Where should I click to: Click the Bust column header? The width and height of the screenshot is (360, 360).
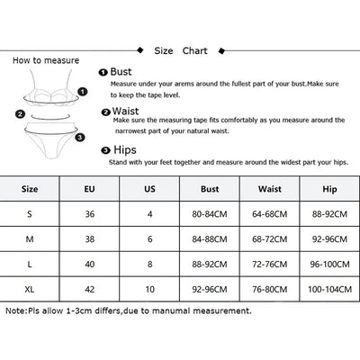click(210, 189)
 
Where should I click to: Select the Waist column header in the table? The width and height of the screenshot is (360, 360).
click(270, 189)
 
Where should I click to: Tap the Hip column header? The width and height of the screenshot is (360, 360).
click(329, 189)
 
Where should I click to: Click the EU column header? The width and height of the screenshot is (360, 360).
click(89, 189)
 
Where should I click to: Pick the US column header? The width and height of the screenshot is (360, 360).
click(149, 189)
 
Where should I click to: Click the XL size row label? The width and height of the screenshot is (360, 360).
click(30, 290)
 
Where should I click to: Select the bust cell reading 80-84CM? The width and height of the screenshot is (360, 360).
click(210, 214)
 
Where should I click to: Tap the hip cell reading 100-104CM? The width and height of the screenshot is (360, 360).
click(329, 290)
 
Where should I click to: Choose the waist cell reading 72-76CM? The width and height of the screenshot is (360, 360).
click(270, 265)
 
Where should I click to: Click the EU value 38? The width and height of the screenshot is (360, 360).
click(90, 239)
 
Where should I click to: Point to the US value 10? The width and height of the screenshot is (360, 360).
click(149, 290)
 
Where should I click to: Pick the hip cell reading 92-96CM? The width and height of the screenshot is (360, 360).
click(329, 239)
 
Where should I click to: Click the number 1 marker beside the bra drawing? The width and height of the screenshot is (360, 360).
click(83, 92)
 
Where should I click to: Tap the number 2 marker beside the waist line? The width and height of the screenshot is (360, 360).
click(20, 114)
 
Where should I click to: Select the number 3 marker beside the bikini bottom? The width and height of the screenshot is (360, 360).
click(80, 138)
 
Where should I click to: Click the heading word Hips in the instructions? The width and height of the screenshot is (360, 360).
click(125, 150)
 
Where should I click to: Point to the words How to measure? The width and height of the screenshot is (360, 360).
click(46, 60)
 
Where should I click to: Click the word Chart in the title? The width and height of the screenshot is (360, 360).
click(195, 50)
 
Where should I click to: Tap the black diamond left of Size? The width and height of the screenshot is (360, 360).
click(140, 50)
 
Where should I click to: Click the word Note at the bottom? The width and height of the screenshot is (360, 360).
click(15, 310)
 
